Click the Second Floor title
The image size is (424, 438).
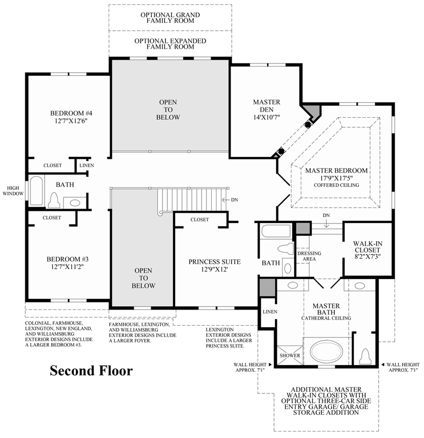(91, 371)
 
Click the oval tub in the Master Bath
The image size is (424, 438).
(326, 353)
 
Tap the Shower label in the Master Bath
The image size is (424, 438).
(289, 356)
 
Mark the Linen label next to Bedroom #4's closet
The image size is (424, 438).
(87, 166)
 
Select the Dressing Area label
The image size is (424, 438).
(308, 256)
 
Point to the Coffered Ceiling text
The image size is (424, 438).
(336, 185)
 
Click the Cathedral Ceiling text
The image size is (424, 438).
(326, 318)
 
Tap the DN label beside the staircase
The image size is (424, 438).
(234, 200)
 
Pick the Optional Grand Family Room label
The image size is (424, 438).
(170, 18)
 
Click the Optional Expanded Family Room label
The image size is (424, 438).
(170, 44)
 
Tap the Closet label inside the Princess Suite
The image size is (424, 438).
(199, 220)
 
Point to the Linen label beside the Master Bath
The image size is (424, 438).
(269, 312)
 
